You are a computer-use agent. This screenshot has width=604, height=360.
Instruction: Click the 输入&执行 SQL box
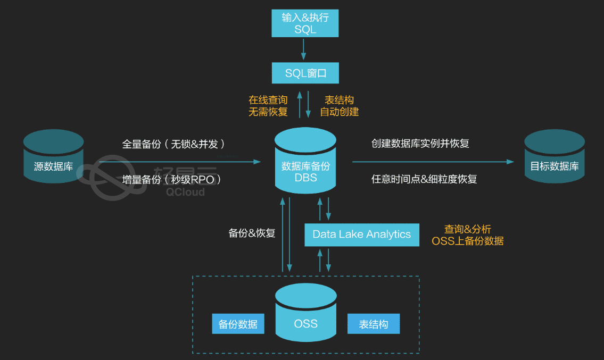pyautogui.click(x=305, y=23)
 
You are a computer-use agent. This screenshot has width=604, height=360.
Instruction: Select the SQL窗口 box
pyautogui.click(x=305, y=73)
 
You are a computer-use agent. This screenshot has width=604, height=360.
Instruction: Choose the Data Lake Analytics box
pyautogui.click(x=361, y=235)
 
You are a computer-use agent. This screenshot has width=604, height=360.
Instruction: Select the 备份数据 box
pyautogui.click(x=238, y=324)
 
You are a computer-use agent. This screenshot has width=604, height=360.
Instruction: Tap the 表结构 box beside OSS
pyautogui.click(x=373, y=324)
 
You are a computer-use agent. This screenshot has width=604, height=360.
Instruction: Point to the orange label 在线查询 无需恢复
pyautogui.click(x=268, y=106)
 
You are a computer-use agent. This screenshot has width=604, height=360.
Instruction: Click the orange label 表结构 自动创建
pyautogui.click(x=340, y=106)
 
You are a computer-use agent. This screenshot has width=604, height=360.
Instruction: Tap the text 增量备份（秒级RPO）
pyautogui.click(x=171, y=180)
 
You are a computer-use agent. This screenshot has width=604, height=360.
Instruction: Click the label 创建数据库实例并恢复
pyautogui.click(x=420, y=144)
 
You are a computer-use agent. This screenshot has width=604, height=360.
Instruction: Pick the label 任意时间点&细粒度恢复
pyautogui.click(x=424, y=179)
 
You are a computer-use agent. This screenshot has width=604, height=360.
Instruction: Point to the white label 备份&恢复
pyautogui.click(x=252, y=233)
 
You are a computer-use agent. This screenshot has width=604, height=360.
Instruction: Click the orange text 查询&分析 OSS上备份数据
pyautogui.click(x=467, y=235)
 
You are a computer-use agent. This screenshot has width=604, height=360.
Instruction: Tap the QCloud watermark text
pyautogui.click(x=185, y=192)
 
